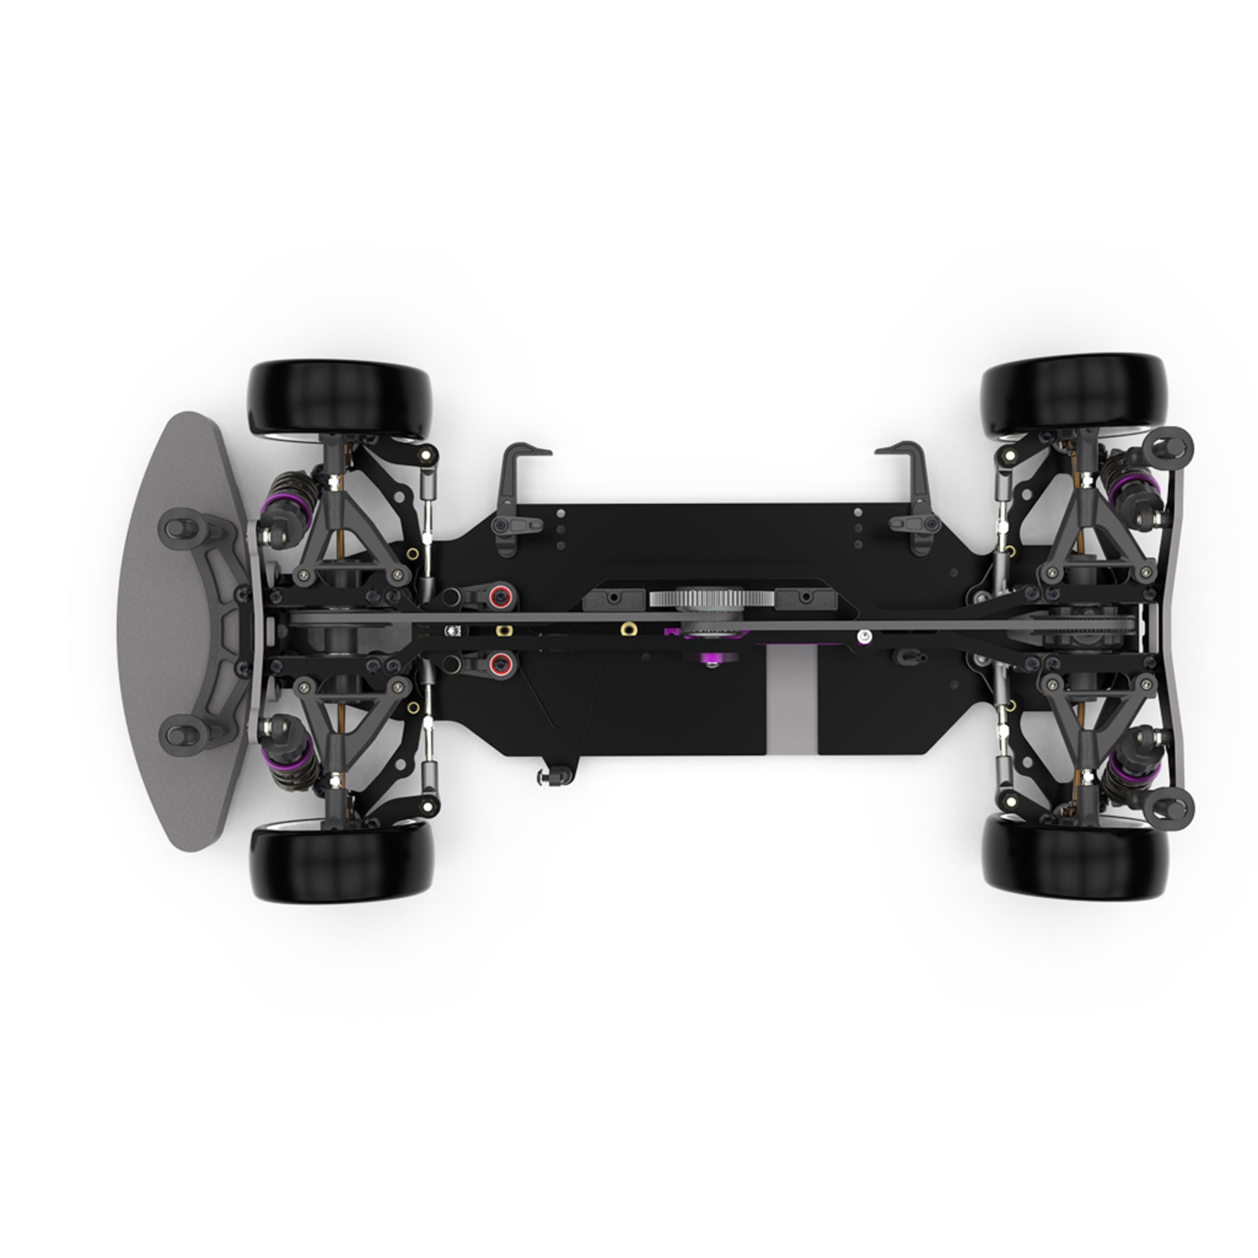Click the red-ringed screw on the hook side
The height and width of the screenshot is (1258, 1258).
pos(500,597)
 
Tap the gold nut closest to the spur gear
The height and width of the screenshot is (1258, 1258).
pos(628,628)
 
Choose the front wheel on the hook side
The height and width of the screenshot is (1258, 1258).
pos(340,399)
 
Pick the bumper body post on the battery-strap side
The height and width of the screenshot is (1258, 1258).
pos(177,733)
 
